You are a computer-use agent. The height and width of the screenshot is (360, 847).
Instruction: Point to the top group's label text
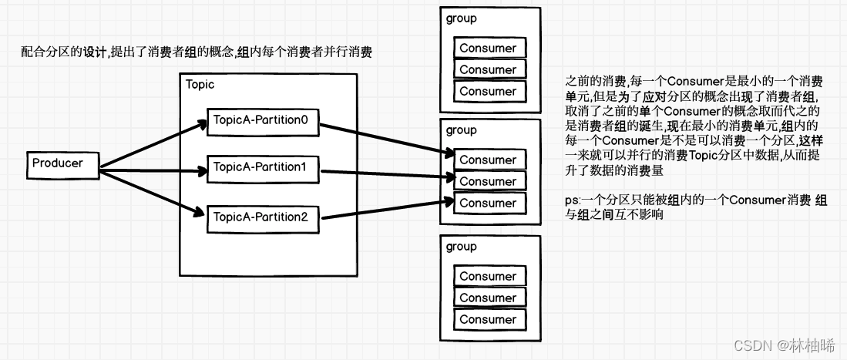point(461,19)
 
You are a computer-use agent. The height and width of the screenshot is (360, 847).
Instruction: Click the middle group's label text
point(461,130)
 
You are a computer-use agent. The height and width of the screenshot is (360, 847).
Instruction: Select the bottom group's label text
point(461,247)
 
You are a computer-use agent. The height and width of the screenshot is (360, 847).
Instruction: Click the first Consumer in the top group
point(488,49)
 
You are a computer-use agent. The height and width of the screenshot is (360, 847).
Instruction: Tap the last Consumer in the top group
point(488,92)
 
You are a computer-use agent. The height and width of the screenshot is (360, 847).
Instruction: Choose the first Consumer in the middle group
point(488,160)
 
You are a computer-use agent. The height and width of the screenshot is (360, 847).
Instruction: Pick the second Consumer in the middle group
point(488,182)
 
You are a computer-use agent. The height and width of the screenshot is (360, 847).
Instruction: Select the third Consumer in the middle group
point(488,204)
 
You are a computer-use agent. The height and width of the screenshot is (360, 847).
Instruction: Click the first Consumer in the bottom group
point(488,277)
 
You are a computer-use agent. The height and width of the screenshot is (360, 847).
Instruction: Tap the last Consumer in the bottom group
point(488,319)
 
